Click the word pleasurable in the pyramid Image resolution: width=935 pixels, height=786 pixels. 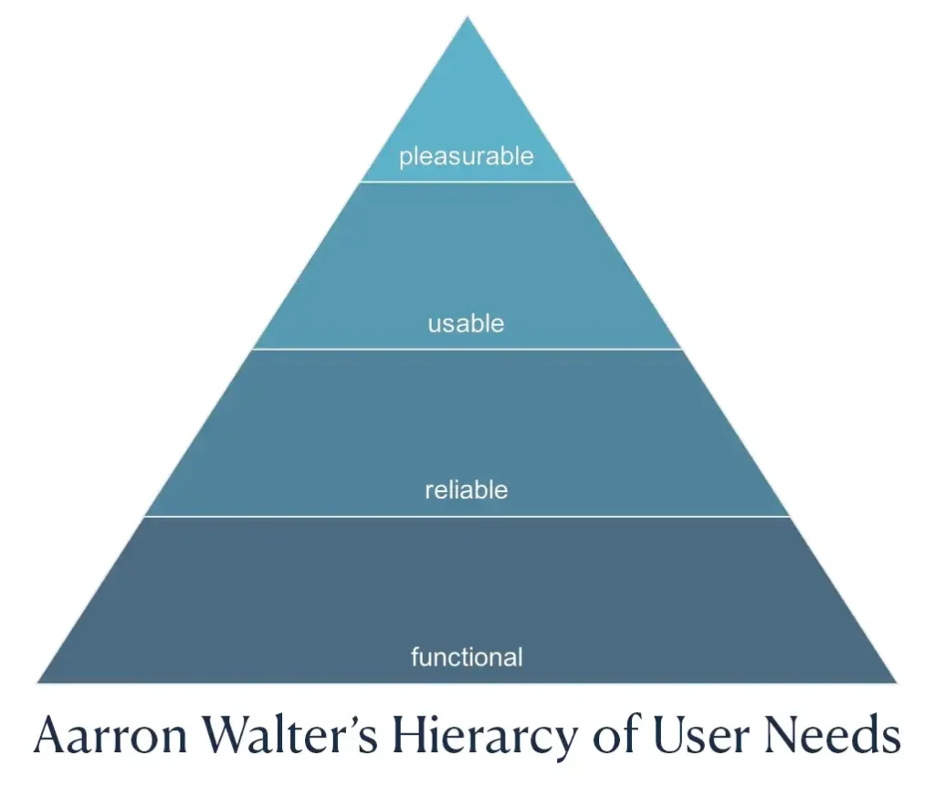point(466,156)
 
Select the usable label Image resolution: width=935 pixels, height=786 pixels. point(466,323)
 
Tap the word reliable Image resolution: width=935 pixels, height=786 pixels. point(466,490)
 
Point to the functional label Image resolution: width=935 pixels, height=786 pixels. point(467,656)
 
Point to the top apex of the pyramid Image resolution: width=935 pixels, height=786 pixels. point(467,19)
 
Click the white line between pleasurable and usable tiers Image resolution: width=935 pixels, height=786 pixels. point(467,182)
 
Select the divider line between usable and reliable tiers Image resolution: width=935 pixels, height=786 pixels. point(467,349)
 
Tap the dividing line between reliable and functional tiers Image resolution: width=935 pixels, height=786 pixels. point(467,517)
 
